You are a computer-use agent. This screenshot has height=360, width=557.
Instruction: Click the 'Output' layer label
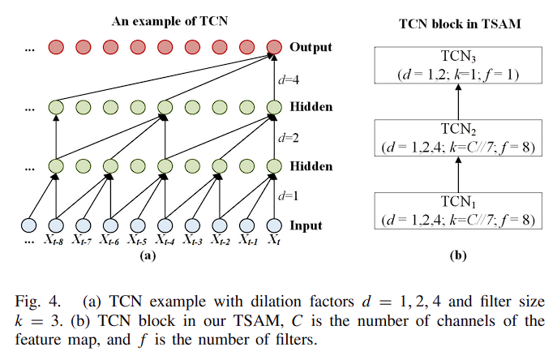point(311,47)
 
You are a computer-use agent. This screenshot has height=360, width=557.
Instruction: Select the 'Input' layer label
point(306,225)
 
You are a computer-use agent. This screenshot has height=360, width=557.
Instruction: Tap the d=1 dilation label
point(285,196)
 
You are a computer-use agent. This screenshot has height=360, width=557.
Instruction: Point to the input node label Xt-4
point(165,241)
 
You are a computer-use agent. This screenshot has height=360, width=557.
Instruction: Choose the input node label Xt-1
point(249,241)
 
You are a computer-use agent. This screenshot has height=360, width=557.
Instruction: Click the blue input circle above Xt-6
point(110,225)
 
